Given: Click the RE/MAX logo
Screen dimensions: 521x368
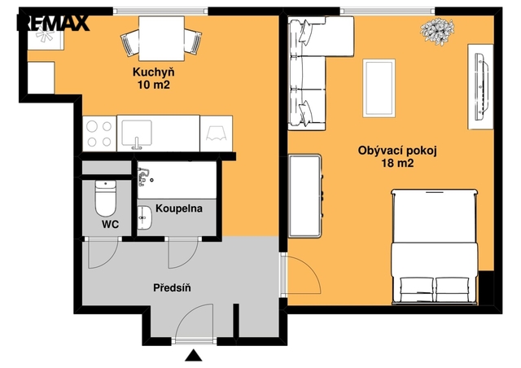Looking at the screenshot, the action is click(x=53, y=23).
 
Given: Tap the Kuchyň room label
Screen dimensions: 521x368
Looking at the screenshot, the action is click(x=154, y=72).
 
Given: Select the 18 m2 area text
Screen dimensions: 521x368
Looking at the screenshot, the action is click(x=397, y=163).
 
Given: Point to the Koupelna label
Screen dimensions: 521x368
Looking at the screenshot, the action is click(x=179, y=208).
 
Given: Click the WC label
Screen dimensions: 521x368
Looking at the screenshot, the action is click(x=111, y=225).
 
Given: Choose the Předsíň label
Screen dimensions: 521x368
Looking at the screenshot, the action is click(x=172, y=287).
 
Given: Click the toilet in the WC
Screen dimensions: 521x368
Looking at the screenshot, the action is click(x=106, y=198).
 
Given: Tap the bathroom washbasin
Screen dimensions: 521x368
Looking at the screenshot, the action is click(x=144, y=217).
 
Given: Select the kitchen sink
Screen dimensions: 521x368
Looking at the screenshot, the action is click(x=137, y=134).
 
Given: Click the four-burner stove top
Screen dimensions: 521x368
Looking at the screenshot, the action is click(x=99, y=134).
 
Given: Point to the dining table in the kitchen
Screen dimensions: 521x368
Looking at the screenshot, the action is click(x=161, y=38).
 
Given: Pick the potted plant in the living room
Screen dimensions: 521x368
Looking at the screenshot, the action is click(x=437, y=31).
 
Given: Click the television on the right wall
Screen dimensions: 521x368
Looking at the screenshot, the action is click(x=482, y=87).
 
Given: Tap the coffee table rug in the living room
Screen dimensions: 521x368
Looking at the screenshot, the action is click(x=379, y=88).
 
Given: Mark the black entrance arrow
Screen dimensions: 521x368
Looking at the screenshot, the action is click(x=194, y=356).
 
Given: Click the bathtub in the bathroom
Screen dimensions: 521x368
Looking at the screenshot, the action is click(x=177, y=180).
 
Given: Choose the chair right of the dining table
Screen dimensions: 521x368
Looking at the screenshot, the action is click(x=193, y=42).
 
